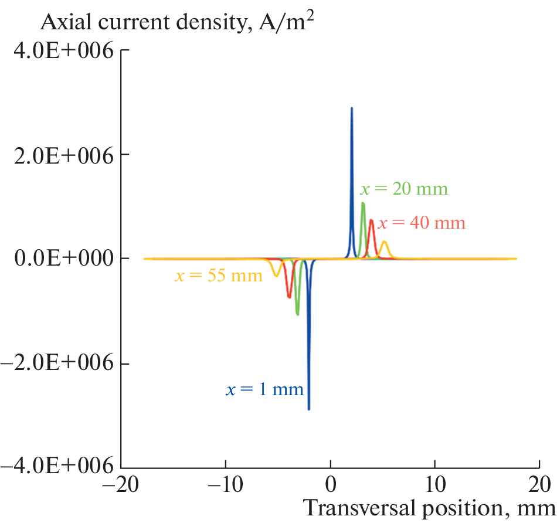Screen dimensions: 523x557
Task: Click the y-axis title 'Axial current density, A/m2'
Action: tap(182, 23)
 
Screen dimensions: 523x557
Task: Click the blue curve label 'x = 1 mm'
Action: tap(265, 389)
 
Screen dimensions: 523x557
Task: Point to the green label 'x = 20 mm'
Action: tap(403, 189)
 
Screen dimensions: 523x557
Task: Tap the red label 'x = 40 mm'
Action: tap(421, 223)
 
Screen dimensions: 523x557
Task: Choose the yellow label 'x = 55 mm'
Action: tap(219, 275)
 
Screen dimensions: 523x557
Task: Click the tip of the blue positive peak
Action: tap(352, 108)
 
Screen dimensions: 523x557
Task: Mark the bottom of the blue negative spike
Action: tap(308, 409)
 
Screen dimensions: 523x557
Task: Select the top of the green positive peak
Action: tap(363, 203)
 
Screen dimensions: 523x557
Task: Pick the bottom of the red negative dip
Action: tap(289, 297)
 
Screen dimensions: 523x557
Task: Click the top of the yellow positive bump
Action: tap(384, 242)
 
